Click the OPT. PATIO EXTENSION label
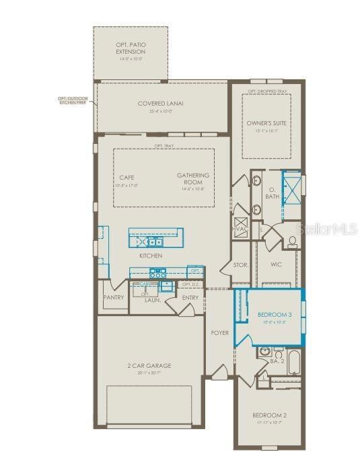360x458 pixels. click(130, 48)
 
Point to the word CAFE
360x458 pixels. click(127, 178)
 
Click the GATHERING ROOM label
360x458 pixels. click(193, 179)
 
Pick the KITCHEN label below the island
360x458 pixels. click(151, 256)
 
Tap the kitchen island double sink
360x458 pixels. click(155, 242)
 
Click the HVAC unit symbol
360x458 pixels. click(242, 227)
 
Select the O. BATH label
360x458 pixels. click(271, 194)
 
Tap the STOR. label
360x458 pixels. click(241, 265)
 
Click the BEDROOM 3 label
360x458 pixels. click(275, 314)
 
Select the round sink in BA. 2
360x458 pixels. click(263, 351)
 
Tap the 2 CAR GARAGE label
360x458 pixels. click(150, 366)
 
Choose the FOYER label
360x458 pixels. click(219, 332)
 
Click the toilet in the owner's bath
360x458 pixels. click(292, 240)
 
